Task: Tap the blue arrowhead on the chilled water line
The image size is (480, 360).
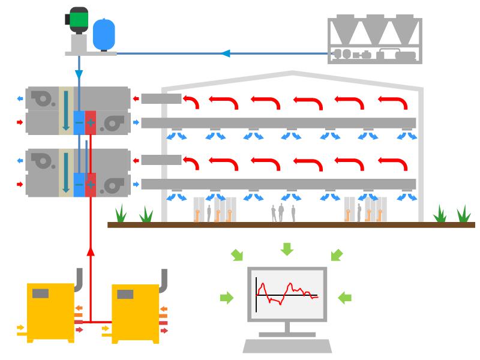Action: [226, 53]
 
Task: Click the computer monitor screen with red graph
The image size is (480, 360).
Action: [287, 294]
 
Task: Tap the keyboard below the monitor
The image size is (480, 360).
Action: [287, 346]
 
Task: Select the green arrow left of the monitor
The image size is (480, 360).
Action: [227, 297]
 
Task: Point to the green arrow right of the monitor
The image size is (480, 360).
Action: [345, 297]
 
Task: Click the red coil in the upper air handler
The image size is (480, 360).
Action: [91, 122]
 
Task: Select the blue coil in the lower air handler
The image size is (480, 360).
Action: [79, 184]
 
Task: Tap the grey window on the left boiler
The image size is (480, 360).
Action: [41, 293]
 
